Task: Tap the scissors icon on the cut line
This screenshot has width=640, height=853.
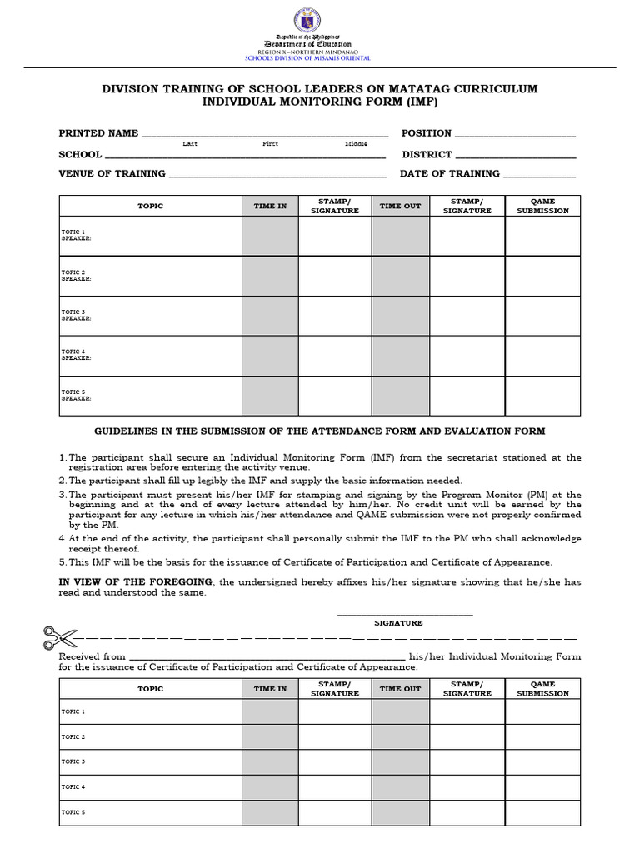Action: coord(59,638)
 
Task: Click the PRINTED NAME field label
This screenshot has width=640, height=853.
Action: coord(98,133)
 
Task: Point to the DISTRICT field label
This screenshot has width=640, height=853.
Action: coord(427,154)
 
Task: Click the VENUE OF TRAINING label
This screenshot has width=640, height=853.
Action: coord(112,174)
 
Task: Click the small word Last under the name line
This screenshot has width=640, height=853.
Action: coord(190,144)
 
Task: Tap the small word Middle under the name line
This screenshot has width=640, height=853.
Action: coord(356,144)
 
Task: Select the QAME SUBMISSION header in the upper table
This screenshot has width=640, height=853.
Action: coord(542,206)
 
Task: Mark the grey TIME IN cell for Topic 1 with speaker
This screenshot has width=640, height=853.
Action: coord(270,236)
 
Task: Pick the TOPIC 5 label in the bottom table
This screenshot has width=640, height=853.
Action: coord(73,812)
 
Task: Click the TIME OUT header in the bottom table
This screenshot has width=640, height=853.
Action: coord(400,689)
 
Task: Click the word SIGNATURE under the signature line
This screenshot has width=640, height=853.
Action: coord(398,622)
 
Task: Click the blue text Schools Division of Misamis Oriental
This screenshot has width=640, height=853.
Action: coord(319,58)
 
